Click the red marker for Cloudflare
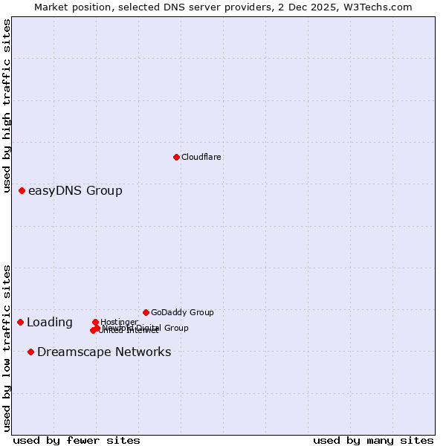176,157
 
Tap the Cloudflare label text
201,158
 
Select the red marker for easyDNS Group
22,191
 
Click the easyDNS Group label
75,191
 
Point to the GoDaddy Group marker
146,312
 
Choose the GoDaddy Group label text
182,313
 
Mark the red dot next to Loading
21,323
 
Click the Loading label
50,323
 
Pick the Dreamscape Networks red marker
30,352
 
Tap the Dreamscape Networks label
104,352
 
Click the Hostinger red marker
96,323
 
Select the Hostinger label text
120,323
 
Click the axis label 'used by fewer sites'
77,441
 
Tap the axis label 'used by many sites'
373,441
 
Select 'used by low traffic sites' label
7,348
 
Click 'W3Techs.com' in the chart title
381,7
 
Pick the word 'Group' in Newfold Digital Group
175,328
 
